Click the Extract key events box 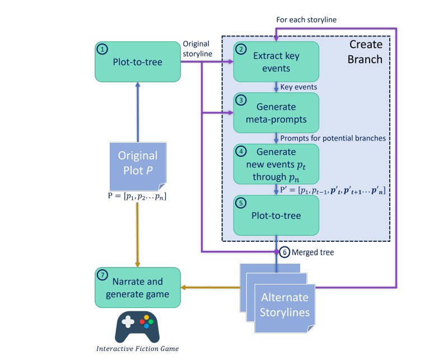tap(276, 61)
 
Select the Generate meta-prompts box tap(276, 113)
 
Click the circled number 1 tap(102, 49)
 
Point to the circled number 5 tap(241, 203)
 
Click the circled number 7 tap(102, 275)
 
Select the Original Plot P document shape tap(137, 166)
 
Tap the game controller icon tap(137, 326)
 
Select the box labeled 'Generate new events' tap(276, 163)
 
